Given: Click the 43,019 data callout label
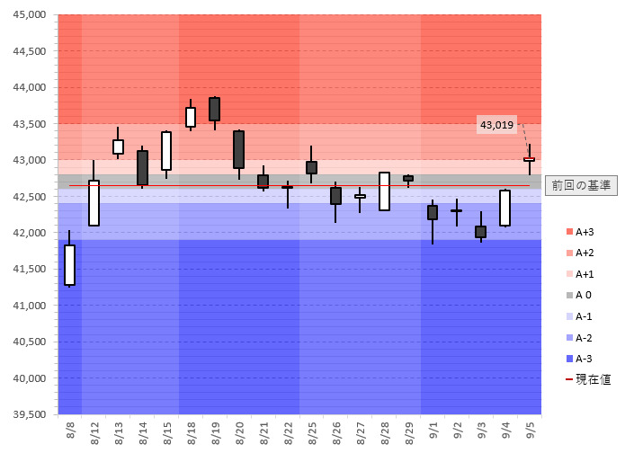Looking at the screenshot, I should point(496,125).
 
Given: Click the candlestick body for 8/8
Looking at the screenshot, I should point(70,265).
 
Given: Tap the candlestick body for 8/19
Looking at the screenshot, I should point(215,109).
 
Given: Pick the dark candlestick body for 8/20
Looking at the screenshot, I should point(239,149).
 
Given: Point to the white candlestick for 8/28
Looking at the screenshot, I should point(385,191).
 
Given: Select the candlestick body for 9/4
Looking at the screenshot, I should point(505,208).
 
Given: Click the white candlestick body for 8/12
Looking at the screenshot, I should point(94,203).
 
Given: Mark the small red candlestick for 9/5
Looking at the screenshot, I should point(529,159).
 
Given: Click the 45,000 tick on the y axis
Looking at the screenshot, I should point(31,15).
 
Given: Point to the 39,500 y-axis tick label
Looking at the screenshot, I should point(31,414).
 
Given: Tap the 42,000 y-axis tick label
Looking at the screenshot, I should point(31,233).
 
